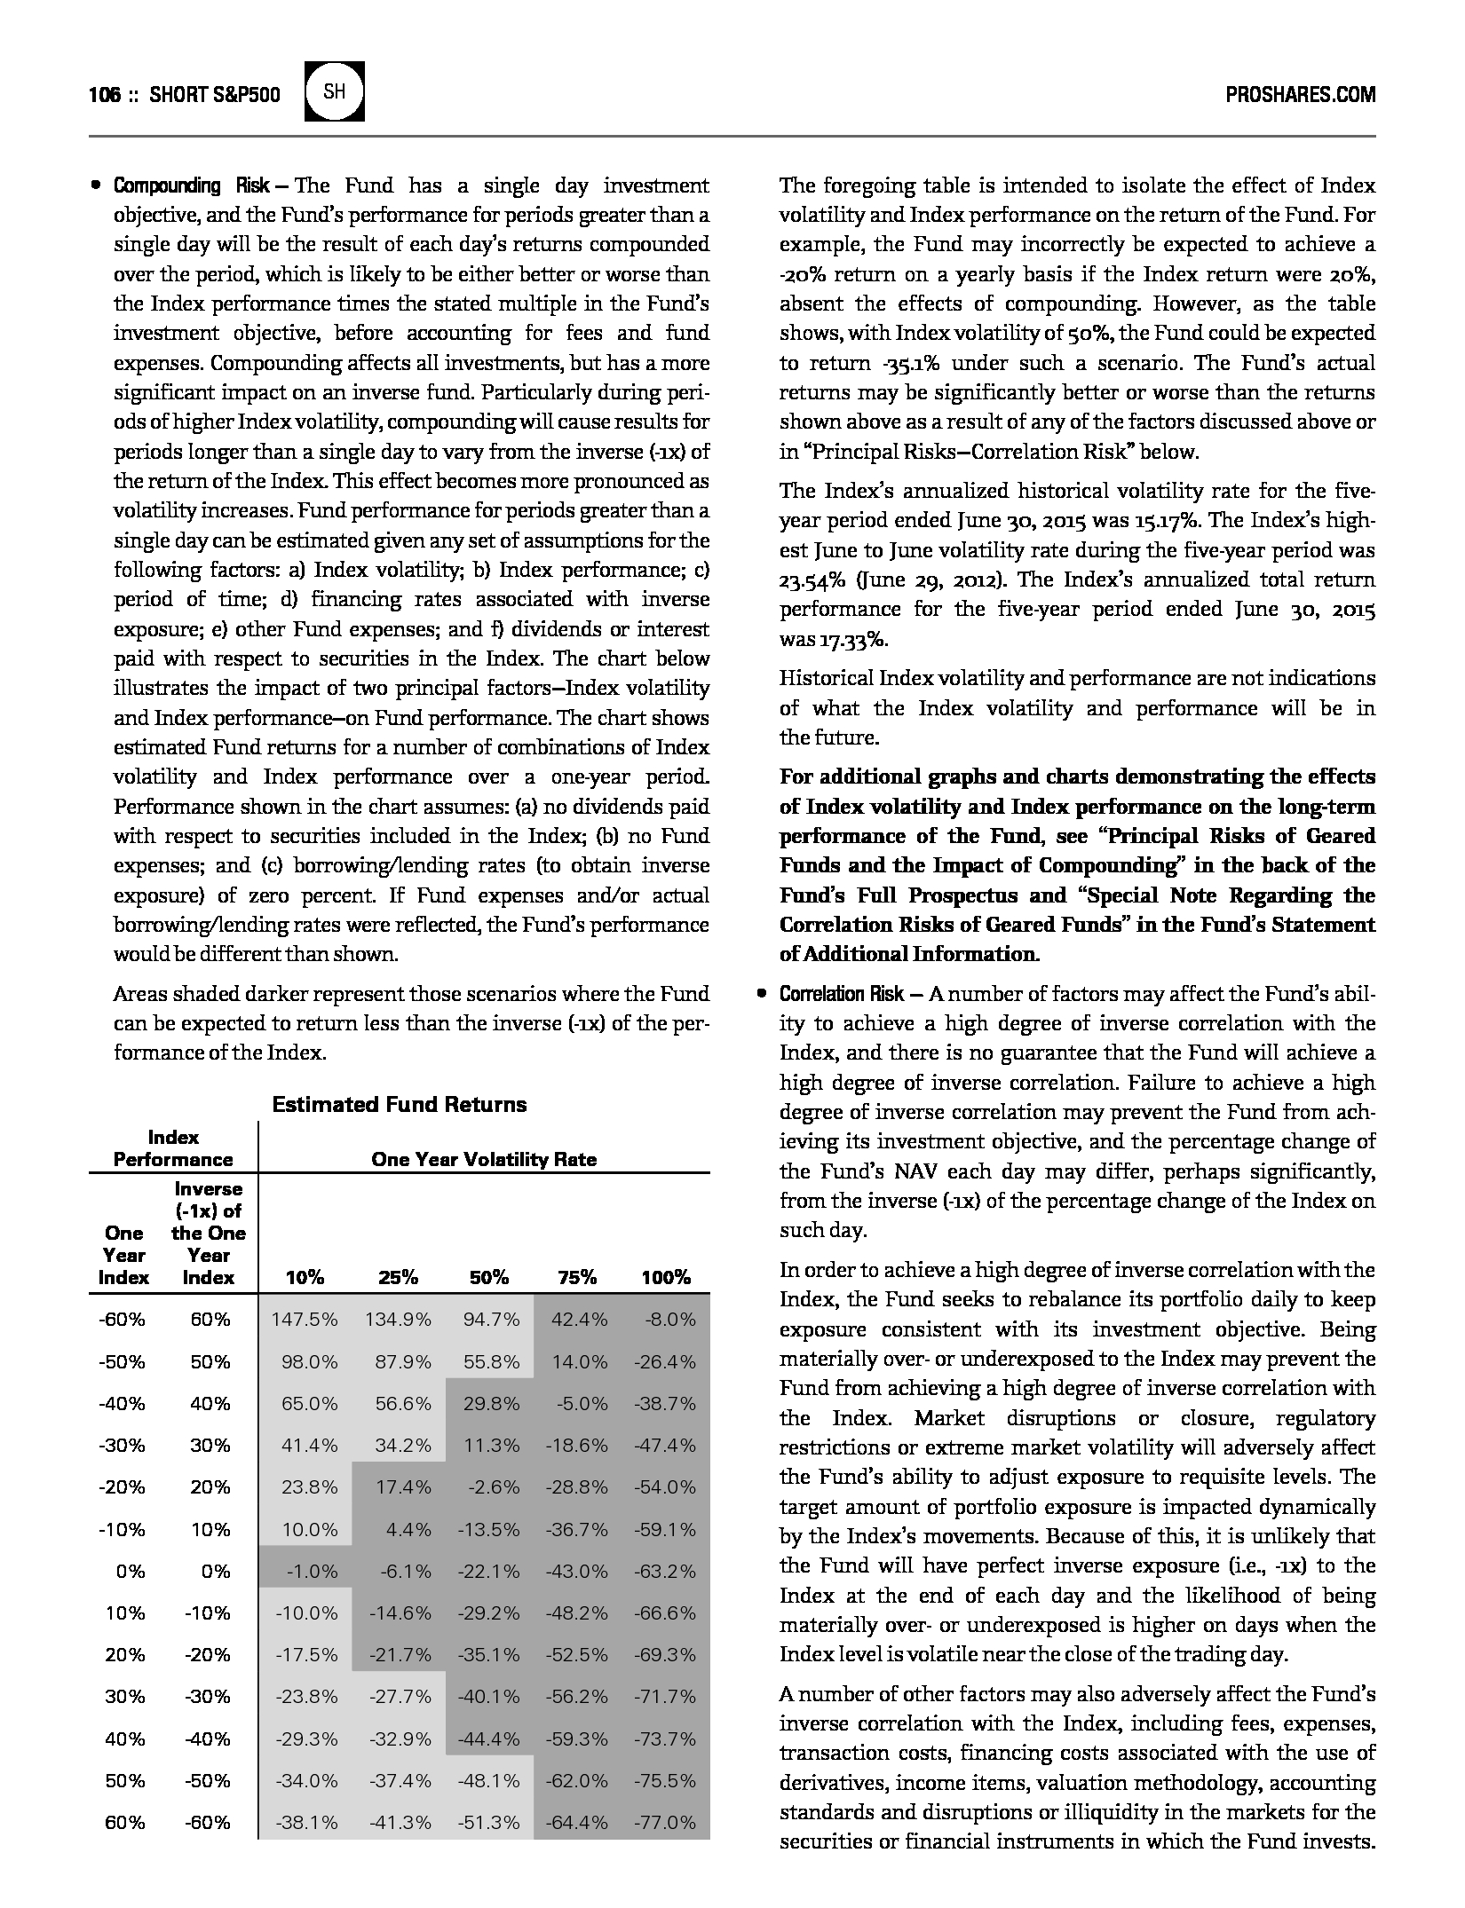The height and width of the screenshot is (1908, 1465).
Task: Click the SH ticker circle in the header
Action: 335,91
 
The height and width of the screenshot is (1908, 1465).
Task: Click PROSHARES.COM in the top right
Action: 1300,94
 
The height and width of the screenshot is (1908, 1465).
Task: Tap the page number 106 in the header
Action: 104,94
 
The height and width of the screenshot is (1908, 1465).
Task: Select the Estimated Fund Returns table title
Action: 399,1104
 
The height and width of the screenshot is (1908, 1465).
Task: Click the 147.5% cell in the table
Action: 305,1319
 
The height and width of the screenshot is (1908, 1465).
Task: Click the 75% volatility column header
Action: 577,1277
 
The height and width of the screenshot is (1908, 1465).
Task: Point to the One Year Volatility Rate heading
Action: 484,1159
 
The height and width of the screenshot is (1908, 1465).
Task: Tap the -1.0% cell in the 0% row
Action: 312,1571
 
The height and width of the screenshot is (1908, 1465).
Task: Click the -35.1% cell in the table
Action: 489,1654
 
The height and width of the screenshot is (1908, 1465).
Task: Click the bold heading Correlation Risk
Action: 842,993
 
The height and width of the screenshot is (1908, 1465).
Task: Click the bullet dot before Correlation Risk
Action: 761,993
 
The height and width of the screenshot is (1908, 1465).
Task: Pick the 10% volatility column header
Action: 305,1277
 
